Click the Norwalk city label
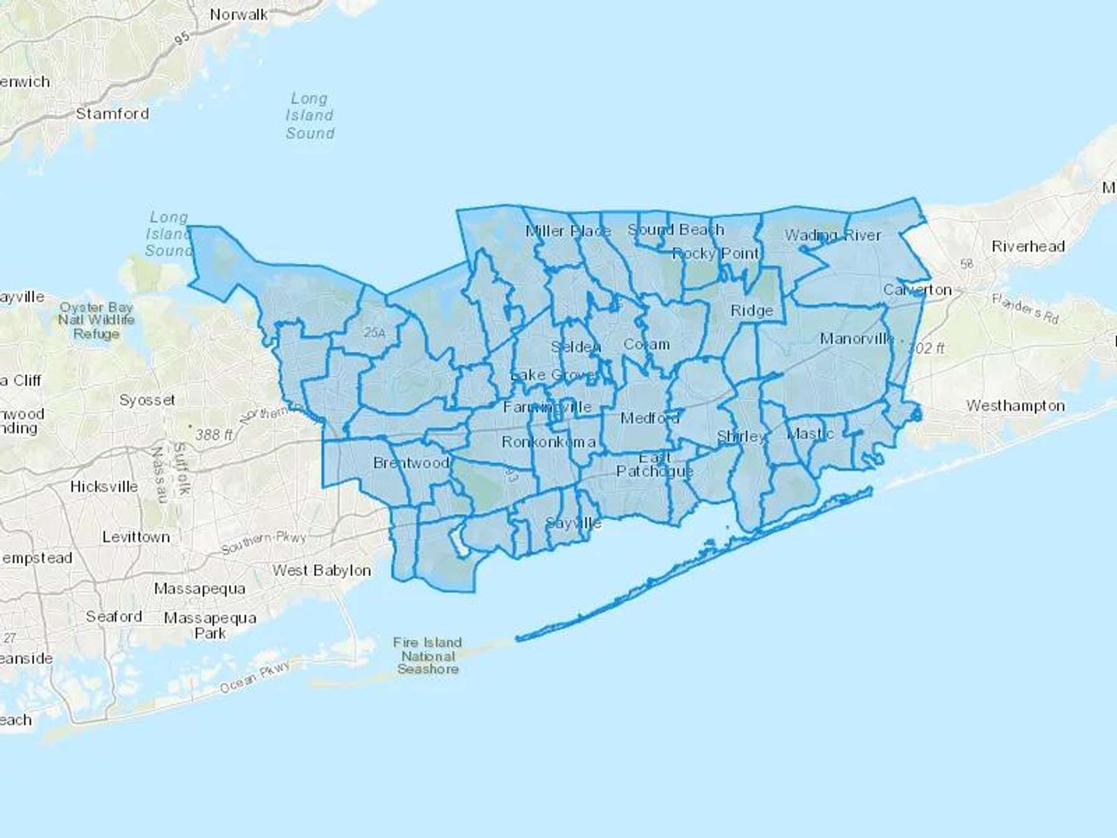tap(239, 15)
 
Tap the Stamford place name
tap(112, 114)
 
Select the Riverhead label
tap(1028, 246)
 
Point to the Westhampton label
tap(1015, 406)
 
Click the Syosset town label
tap(147, 400)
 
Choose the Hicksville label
tap(104, 487)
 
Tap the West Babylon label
tap(321, 570)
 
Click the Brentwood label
tap(411, 463)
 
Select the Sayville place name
tap(573, 523)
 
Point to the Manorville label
tap(856, 339)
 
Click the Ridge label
tap(751, 310)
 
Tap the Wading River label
tap(833, 235)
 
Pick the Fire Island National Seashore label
tap(428, 656)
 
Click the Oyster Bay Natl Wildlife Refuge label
tap(96, 320)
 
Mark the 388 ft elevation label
tap(213, 435)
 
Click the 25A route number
tap(374, 333)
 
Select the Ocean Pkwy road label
tap(255, 677)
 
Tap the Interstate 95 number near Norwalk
tap(181, 38)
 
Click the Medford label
tap(650, 418)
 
